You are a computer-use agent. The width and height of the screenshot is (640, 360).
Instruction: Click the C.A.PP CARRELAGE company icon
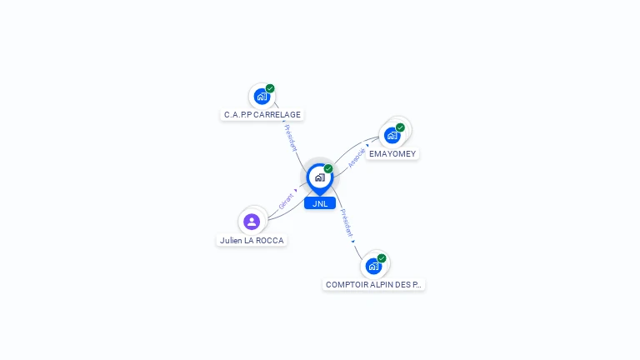pos(262,96)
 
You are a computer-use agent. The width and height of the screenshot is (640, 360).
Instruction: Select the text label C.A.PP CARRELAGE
pos(262,114)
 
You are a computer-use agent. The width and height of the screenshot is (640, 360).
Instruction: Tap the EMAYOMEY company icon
pos(392,135)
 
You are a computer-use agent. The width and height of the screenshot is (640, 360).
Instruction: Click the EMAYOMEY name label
pos(392,153)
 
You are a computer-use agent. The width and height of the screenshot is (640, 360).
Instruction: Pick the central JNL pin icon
pos(319,177)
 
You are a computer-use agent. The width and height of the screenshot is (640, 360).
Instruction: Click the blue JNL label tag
pos(320,203)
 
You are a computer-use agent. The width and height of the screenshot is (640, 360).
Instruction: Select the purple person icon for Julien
pos(252,222)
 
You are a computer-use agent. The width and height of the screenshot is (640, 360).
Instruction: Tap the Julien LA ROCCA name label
pos(252,240)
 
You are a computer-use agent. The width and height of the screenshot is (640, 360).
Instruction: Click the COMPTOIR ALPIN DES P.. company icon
pos(373,266)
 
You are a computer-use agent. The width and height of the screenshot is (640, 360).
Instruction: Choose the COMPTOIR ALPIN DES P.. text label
pos(373,284)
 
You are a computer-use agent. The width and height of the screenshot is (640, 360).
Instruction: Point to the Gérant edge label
pos(286,200)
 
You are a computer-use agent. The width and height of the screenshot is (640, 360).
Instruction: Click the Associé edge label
pos(357,158)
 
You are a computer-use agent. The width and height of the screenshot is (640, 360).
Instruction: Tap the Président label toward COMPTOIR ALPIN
pos(347,222)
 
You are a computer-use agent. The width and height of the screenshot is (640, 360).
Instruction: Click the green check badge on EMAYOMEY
pos(400,127)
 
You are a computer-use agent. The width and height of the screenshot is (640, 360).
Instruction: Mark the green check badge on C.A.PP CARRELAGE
pos(270,88)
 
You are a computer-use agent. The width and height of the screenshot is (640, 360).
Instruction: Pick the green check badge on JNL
pos(328,169)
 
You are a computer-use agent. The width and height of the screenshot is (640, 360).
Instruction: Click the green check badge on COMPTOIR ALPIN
pos(382,258)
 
